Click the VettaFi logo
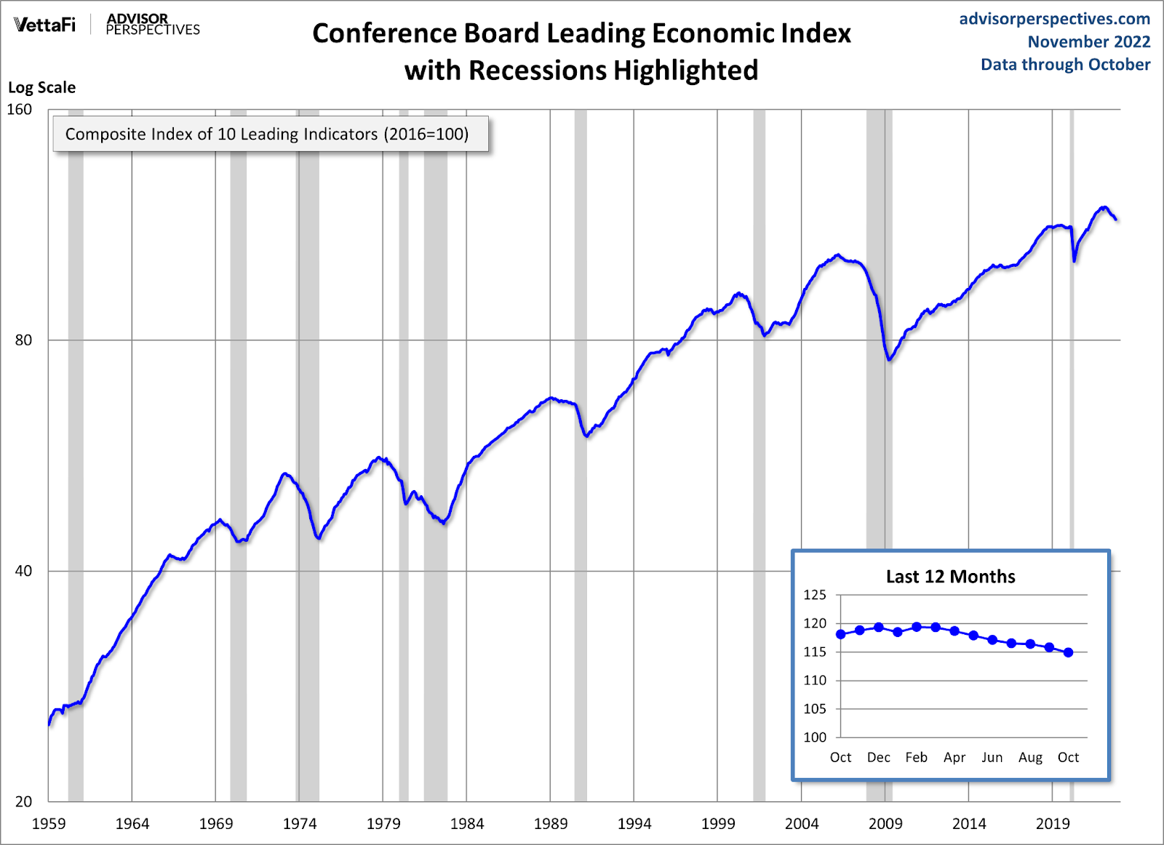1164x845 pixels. coord(44,25)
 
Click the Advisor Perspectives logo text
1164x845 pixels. coord(153,24)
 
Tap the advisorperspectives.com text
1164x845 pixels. coord(1054,19)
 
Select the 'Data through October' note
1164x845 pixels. coord(1065,65)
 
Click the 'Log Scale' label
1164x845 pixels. coord(41,87)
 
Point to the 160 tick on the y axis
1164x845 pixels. coord(20,109)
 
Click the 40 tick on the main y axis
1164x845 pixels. coord(23,571)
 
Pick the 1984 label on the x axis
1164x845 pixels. coord(466,824)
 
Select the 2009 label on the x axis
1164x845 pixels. coord(885,824)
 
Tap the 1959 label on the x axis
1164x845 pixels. coord(49,824)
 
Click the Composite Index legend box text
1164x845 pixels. coord(267,135)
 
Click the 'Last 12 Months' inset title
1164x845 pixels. coord(950,577)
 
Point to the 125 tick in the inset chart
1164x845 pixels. coord(815,595)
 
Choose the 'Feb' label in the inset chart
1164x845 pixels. coord(916,758)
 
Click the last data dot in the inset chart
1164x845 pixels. coord(1068,652)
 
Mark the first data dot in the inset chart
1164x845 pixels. coord(841,634)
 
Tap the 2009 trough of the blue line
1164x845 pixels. coord(889,359)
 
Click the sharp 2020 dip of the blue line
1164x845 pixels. coord(1075,260)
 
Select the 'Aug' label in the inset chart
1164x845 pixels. coord(1030,758)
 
